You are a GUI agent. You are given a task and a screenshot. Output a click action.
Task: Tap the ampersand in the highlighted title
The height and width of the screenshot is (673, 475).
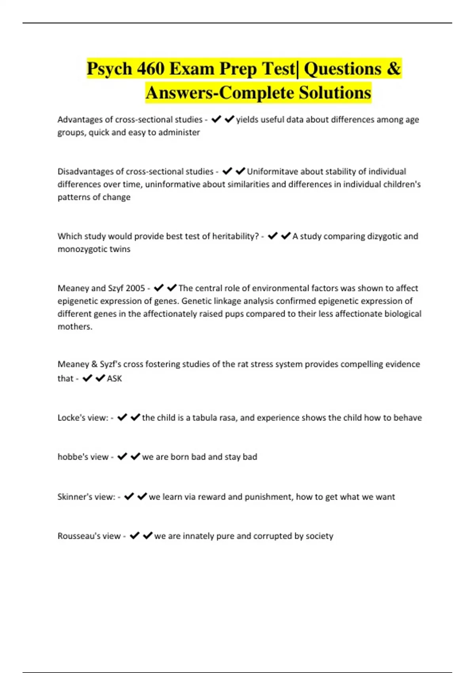pyautogui.click(x=393, y=68)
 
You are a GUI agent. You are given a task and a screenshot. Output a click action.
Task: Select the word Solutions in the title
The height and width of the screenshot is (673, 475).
pyautogui.click(x=335, y=93)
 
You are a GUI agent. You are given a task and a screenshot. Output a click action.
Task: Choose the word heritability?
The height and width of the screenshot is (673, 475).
pyautogui.click(x=236, y=236)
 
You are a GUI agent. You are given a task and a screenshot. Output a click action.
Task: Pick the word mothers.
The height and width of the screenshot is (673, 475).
pyautogui.click(x=75, y=327)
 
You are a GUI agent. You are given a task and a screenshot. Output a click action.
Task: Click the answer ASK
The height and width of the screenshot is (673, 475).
pyautogui.click(x=114, y=378)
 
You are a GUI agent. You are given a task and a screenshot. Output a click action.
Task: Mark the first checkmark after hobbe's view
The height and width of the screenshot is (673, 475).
pyautogui.click(x=122, y=456)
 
